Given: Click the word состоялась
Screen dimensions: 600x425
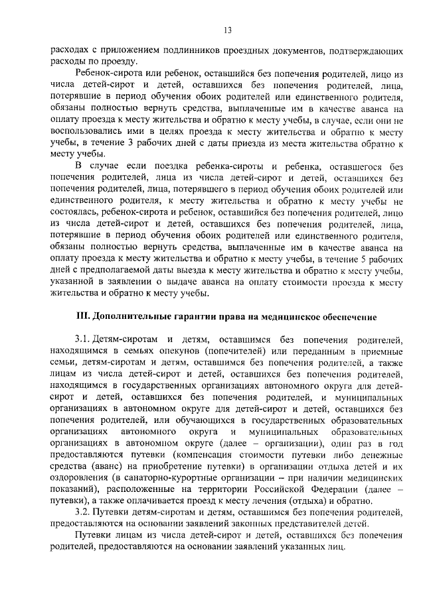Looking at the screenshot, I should point(74,213).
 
